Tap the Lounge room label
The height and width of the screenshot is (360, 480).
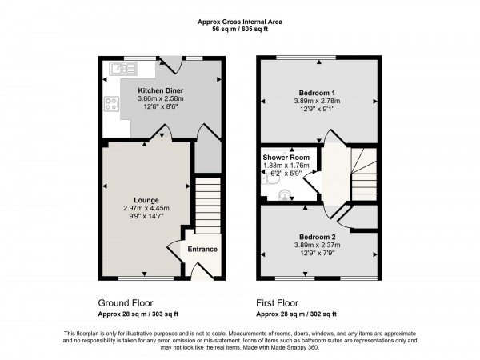click(146, 200)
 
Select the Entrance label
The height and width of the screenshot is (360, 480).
click(202, 250)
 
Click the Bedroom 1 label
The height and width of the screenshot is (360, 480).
click(318, 92)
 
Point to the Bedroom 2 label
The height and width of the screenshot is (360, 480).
click(318, 238)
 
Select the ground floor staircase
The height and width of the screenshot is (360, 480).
click(207, 204)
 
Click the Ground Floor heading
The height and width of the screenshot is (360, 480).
click(126, 303)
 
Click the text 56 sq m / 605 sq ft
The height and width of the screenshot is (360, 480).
click(239, 28)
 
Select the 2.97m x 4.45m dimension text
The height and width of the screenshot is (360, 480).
click(146, 209)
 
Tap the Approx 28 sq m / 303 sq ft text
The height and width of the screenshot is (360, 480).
click(138, 314)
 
